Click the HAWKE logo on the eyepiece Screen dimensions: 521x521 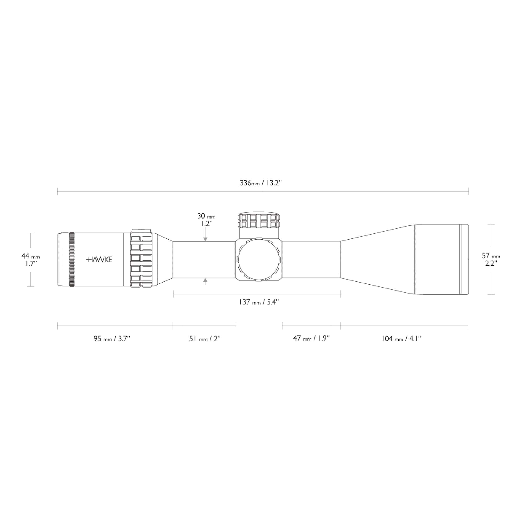click(x=99, y=260)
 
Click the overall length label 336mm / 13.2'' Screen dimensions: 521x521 click(x=261, y=183)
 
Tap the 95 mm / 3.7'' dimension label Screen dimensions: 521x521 click(x=112, y=339)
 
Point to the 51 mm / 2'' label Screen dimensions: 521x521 click(x=205, y=339)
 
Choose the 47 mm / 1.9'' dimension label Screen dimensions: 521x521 click(x=312, y=338)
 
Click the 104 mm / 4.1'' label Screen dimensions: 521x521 click(x=401, y=339)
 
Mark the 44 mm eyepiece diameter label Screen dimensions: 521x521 click(x=30, y=256)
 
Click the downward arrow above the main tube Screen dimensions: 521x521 click(x=205, y=239)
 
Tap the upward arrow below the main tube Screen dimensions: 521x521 click(x=205, y=281)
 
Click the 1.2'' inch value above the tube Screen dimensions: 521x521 click(x=207, y=224)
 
